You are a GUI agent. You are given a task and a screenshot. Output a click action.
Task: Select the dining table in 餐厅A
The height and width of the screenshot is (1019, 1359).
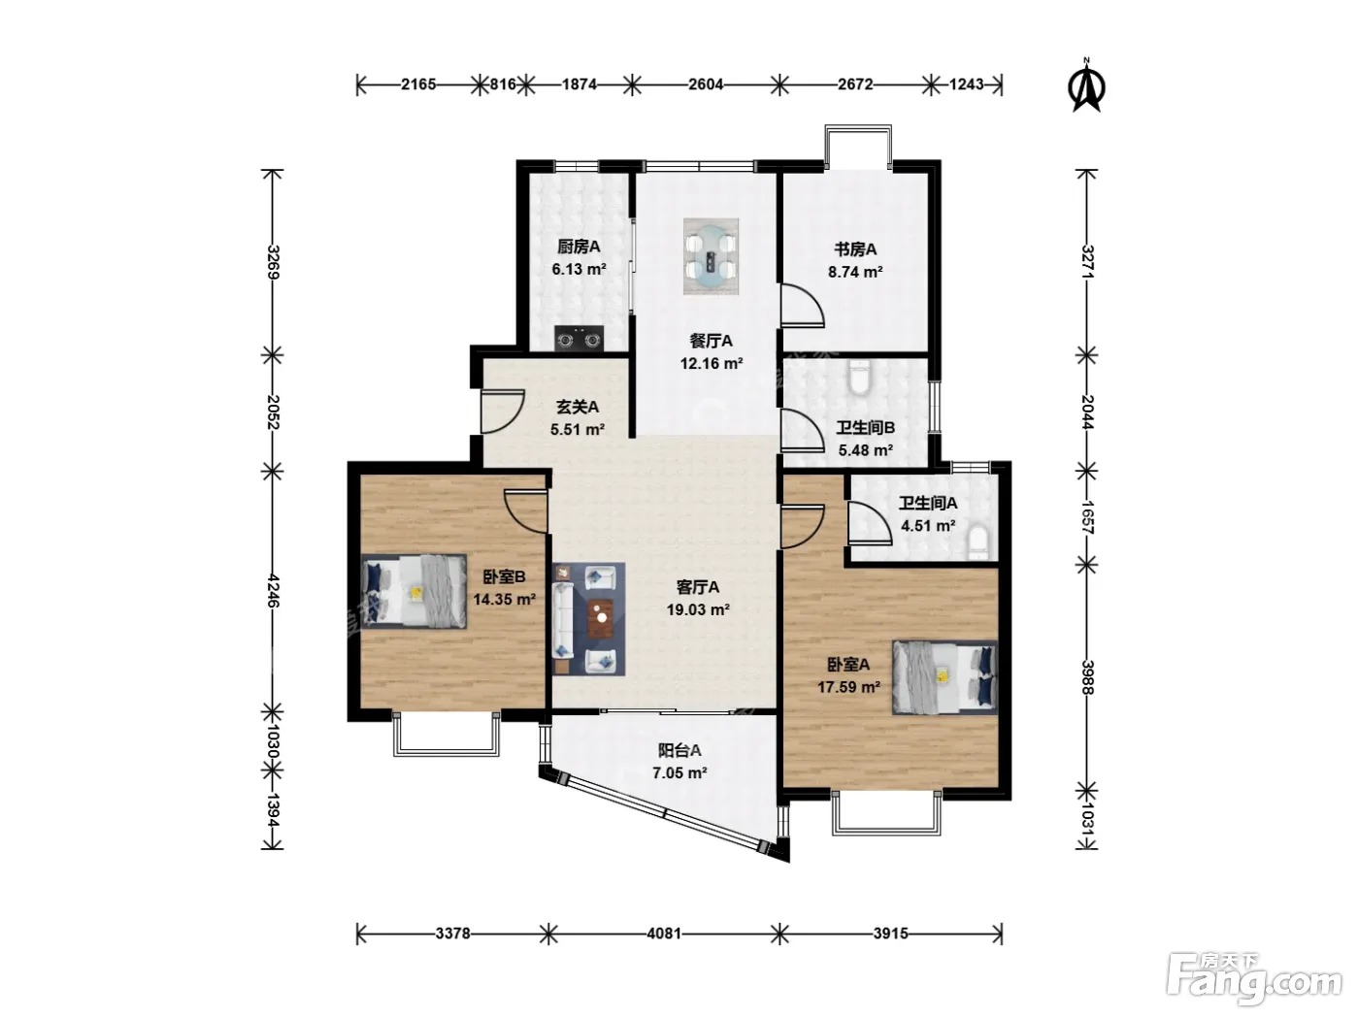(711, 256)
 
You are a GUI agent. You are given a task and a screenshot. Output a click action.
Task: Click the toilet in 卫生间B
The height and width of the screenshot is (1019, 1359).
(859, 377)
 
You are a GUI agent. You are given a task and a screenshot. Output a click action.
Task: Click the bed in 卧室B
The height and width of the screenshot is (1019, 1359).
(414, 591)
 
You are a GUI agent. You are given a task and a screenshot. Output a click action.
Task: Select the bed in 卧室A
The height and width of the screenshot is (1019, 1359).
(945, 676)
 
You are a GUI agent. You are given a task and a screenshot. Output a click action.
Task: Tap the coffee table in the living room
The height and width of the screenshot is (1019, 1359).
(601, 618)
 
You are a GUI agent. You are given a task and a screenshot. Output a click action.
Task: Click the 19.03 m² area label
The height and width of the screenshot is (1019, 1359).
(698, 609)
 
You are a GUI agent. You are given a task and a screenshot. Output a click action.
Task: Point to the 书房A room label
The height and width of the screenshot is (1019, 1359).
(855, 249)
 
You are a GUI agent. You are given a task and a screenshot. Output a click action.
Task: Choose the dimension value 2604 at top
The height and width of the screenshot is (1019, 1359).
(706, 84)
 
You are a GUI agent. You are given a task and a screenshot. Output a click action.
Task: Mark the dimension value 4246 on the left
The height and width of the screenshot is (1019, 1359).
(274, 591)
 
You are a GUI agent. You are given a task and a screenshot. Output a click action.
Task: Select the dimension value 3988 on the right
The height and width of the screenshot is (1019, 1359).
(1087, 677)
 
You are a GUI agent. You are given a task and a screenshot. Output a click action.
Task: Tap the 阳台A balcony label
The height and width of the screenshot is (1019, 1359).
(679, 750)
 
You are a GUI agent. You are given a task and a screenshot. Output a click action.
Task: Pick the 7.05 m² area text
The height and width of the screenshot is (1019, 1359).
(679, 772)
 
